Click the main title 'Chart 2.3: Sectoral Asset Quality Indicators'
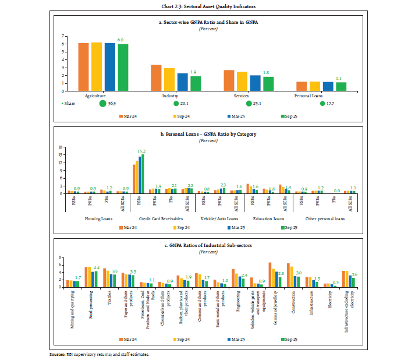pyautogui.click(x=207, y=6)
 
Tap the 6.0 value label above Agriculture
pyautogui.click(x=121, y=40)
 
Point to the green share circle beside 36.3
pyautogui.click(x=102, y=104)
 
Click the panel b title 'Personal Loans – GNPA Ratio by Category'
pyautogui.click(x=207, y=134)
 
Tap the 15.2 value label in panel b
pyautogui.click(x=143, y=151)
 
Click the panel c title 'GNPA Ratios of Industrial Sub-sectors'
pyautogui.click(x=207, y=245)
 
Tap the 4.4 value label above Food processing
pyautogui.click(x=97, y=267)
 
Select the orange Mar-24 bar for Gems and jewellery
pyautogui.click(x=270, y=275)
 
